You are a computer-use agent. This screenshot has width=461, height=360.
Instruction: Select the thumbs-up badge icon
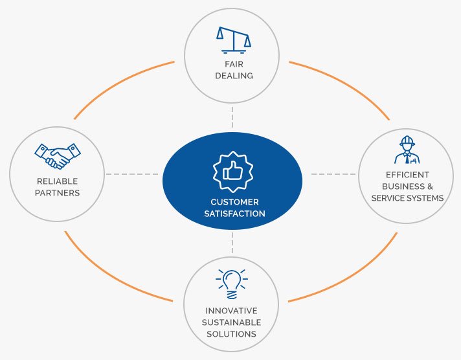[x=232, y=172]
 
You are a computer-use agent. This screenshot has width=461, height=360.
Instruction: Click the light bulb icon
[x=232, y=282]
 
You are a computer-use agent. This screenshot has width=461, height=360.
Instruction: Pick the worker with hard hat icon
[x=407, y=150]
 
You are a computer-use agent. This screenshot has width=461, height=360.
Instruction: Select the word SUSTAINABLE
[x=232, y=322]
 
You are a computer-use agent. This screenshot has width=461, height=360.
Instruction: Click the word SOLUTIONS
[x=232, y=333]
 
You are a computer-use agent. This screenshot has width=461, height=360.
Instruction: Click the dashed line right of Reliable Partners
[x=132, y=174]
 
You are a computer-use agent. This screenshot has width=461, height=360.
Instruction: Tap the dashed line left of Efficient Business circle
[x=334, y=174]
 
